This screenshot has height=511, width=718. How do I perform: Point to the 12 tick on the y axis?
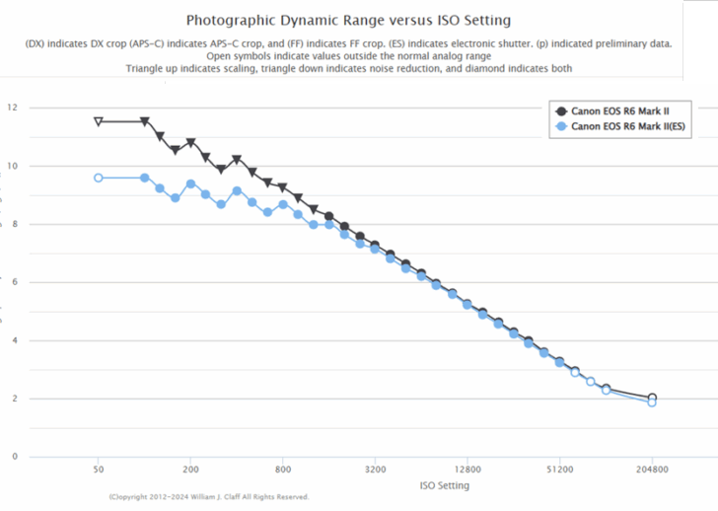11,108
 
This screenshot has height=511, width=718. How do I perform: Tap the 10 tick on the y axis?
11,166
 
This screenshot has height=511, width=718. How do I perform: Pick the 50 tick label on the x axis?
98,471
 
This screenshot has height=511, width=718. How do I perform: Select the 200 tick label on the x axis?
190,471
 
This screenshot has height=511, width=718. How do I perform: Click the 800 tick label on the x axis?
283,471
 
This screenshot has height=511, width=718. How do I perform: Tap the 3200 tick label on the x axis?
375,471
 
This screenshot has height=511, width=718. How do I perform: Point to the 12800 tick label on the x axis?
467,471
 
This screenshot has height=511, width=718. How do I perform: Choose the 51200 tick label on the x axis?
559,471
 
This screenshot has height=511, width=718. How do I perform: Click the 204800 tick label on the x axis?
652,471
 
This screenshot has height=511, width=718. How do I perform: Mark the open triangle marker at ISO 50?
98,121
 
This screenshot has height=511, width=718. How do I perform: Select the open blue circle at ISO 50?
98,178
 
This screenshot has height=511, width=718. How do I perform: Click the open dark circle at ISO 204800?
652,398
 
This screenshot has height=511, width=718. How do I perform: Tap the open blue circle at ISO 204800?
652,402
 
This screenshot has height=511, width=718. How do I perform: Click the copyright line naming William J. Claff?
209,497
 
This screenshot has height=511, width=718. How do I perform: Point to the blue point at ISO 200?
190,183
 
